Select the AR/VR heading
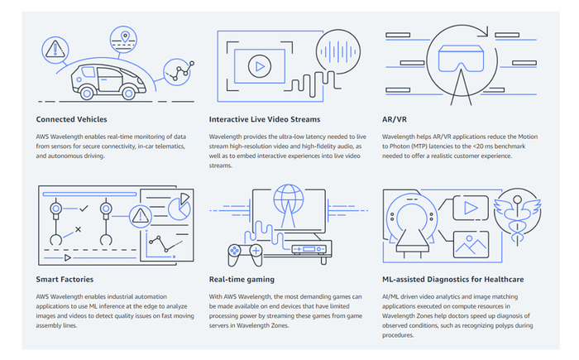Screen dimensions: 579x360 coord(396,118)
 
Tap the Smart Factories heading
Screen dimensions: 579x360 coord(65,279)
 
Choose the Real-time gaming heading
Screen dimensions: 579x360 coord(242,279)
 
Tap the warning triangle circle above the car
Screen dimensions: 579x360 coord(54,49)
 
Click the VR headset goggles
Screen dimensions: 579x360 coord(457,58)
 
